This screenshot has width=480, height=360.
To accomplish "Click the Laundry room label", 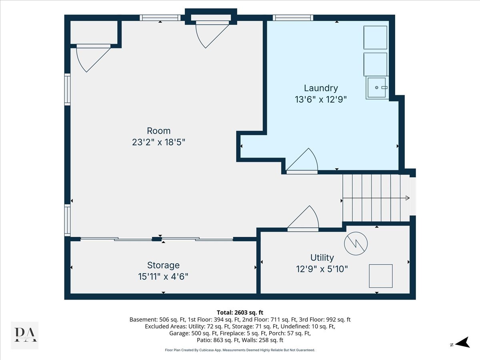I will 321,88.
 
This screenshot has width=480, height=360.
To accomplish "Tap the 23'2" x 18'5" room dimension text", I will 159,142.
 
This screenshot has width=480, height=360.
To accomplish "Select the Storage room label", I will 163,265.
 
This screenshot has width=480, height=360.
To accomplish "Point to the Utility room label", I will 322,258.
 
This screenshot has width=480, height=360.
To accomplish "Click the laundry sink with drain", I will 377,88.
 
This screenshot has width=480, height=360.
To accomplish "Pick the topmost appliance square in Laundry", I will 375,38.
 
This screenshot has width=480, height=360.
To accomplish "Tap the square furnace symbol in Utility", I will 380,276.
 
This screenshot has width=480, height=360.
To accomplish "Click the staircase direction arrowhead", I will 407,198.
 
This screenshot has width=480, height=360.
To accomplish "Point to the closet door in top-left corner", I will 91,58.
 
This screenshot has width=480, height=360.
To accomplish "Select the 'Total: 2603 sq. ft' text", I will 240,312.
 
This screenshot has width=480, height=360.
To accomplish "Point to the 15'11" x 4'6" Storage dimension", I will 163,276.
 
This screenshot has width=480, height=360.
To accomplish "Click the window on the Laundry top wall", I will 293,18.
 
